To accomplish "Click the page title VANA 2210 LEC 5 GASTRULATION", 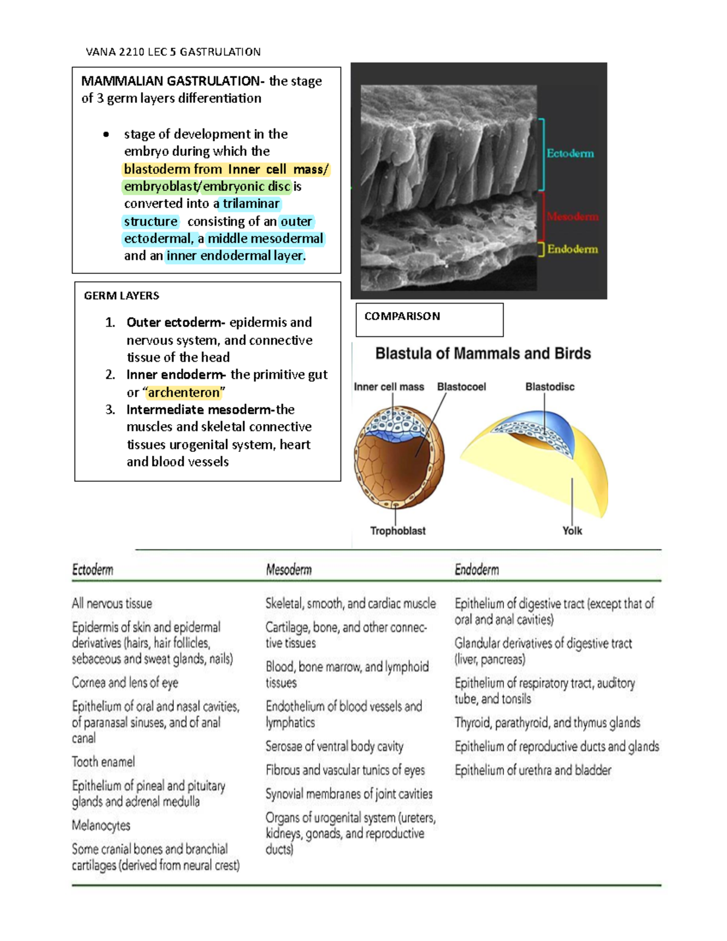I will (173, 52).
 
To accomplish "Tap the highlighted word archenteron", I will (184, 393).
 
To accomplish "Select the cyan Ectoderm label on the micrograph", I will (570, 154).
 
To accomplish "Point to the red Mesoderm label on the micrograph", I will (573, 216).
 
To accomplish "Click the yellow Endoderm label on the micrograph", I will (573, 249).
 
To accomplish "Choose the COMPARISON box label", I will (402, 316).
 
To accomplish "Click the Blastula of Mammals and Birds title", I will (483, 353).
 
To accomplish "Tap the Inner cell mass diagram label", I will (389, 387).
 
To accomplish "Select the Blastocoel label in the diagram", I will (461, 387).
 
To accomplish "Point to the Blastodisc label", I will (549, 387).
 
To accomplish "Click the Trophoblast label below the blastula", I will (397, 531).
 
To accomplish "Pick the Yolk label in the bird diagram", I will (572, 531).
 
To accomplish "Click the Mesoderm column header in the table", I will (288, 570).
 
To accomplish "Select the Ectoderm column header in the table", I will (93, 570).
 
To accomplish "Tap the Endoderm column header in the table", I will (477, 570).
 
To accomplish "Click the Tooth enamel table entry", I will (104, 762).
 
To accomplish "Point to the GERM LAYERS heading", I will (121, 296).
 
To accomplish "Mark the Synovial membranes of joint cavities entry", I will (349, 794).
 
